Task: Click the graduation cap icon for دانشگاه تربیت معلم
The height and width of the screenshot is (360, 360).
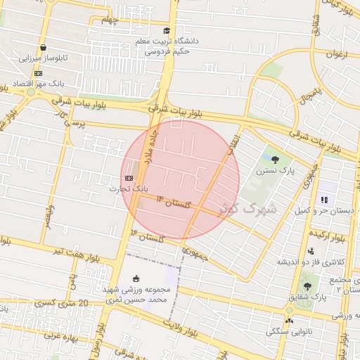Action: [167, 30]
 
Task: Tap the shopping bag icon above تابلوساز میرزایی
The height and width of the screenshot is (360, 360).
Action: [44, 48]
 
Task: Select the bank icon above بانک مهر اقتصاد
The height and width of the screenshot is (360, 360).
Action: [37, 73]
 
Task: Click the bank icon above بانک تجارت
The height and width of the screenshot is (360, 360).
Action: [129, 178]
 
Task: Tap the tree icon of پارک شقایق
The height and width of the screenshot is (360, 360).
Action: [307, 286]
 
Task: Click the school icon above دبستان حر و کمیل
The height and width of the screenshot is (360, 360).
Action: [324, 200]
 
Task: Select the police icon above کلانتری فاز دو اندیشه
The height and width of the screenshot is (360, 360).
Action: [311, 251]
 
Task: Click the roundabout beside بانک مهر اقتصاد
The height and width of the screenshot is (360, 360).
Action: [29, 91]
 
